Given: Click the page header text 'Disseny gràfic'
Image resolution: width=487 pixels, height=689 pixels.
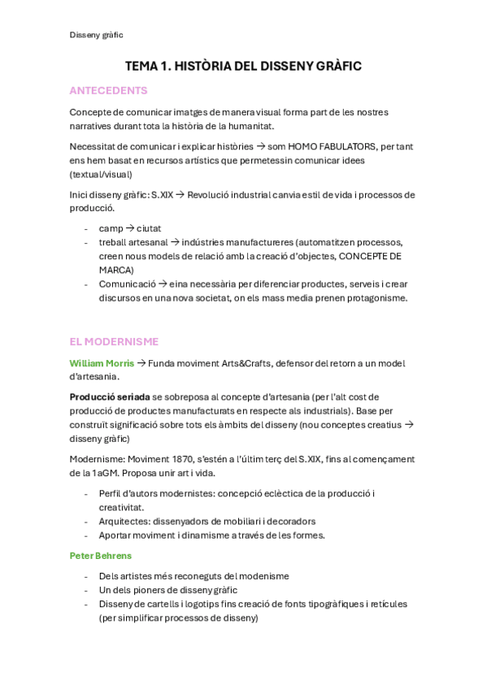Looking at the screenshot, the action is click(x=96, y=35).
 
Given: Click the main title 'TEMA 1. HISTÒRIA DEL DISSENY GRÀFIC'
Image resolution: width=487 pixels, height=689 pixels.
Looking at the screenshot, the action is click(x=243, y=66).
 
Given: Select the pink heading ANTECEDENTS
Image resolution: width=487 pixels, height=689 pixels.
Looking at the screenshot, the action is click(x=108, y=90).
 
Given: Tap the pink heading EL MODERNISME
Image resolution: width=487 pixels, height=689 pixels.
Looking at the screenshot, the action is click(x=114, y=341).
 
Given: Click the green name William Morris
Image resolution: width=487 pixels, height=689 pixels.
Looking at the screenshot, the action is click(x=102, y=363).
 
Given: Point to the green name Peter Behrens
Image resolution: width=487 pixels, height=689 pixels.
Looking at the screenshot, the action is click(x=100, y=556).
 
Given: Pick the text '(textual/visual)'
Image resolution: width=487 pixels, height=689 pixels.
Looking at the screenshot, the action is click(x=101, y=174).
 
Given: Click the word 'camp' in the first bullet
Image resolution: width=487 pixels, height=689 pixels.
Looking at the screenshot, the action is click(x=111, y=228).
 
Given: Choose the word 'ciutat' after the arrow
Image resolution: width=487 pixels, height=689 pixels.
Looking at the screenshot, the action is click(x=149, y=228).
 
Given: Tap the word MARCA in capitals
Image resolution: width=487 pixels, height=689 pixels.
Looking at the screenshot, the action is click(x=116, y=270).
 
